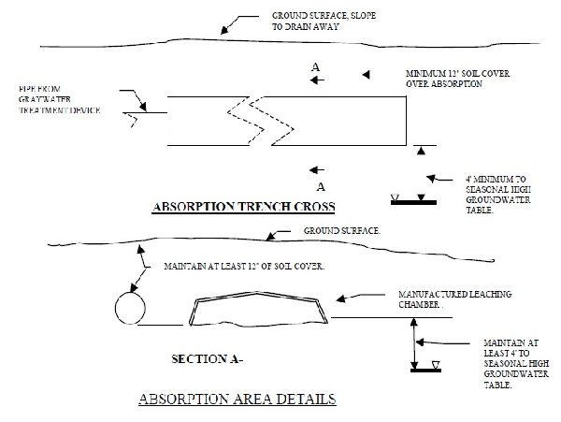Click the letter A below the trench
click(x=320, y=186)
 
